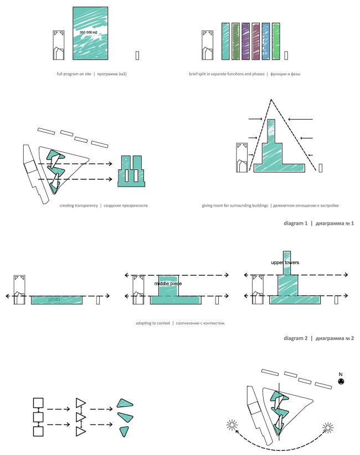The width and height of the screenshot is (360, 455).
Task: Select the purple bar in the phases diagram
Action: click(246, 41)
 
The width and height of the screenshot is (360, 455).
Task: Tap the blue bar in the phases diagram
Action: click(266, 41)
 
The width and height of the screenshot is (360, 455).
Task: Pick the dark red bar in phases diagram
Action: click(256, 41)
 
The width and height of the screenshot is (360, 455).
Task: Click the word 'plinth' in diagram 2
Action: click(54, 299)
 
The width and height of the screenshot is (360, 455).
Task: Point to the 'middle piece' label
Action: click(168, 283)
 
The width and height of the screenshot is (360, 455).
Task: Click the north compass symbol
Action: click(342, 382)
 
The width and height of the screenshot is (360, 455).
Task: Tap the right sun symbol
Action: click(328, 427)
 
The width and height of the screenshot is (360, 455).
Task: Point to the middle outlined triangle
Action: click(81, 416)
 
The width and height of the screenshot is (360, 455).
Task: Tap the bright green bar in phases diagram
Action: click(276, 41)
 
